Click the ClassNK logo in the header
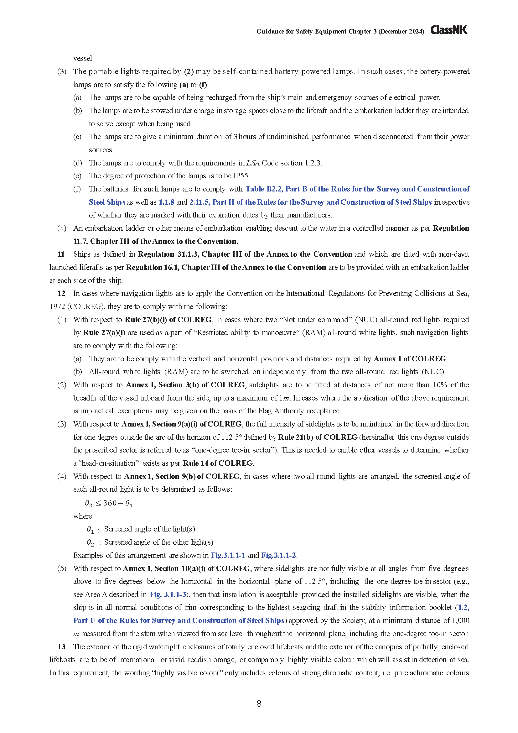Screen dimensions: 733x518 [449, 30]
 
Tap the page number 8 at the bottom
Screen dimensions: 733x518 [259, 703]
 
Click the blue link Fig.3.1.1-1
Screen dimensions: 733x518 [228, 555]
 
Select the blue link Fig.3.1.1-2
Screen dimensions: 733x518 [278, 555]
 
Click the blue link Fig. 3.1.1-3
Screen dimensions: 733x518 [168, 594]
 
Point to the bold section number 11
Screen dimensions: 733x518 [61, 254]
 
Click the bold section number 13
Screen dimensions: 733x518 [61, 647]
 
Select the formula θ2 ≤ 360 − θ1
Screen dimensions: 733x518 [109, 504]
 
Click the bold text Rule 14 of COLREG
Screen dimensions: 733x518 [218, 463]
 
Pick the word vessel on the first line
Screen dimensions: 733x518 [83, 58]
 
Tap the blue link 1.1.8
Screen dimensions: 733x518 [167, 202]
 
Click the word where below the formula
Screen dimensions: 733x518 [82, 516]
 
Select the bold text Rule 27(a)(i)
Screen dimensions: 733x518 [104, 333]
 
